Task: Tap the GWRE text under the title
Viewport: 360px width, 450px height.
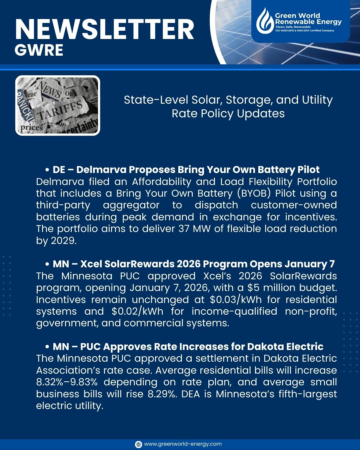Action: (39, 50)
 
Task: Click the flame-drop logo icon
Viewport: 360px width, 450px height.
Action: (265, 19)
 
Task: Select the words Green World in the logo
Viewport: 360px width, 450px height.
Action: (297, 16)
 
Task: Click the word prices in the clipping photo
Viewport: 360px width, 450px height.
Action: (32, 128)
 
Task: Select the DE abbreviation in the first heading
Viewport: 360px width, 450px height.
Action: (59, 169)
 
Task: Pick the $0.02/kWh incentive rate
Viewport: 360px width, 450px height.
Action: (138, 311)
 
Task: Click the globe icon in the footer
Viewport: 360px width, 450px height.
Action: (138, 444)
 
